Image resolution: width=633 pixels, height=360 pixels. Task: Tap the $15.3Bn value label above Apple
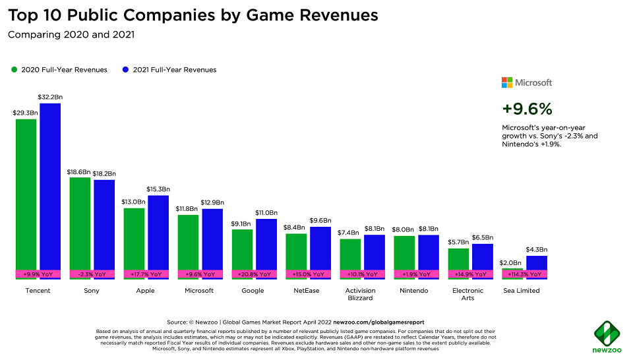158,189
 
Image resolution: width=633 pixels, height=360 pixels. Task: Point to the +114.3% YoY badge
525,274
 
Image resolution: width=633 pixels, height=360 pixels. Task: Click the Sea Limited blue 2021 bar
537,263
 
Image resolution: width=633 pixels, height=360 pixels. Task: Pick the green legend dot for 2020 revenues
13,70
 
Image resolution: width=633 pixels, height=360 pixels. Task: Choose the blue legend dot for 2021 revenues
125,70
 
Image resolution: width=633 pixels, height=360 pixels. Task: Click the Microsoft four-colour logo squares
506,82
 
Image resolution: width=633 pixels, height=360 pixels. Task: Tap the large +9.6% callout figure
527,109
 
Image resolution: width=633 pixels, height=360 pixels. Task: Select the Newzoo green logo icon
606,332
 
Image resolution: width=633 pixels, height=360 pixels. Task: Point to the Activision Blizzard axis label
361,294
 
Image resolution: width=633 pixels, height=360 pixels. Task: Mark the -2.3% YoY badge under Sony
92,274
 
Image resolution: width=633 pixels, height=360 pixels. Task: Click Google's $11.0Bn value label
266,213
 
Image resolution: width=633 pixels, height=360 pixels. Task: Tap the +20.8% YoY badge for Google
254,274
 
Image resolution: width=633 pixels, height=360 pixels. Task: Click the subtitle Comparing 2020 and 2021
71,35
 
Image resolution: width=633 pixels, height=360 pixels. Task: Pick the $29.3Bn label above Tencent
26,113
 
